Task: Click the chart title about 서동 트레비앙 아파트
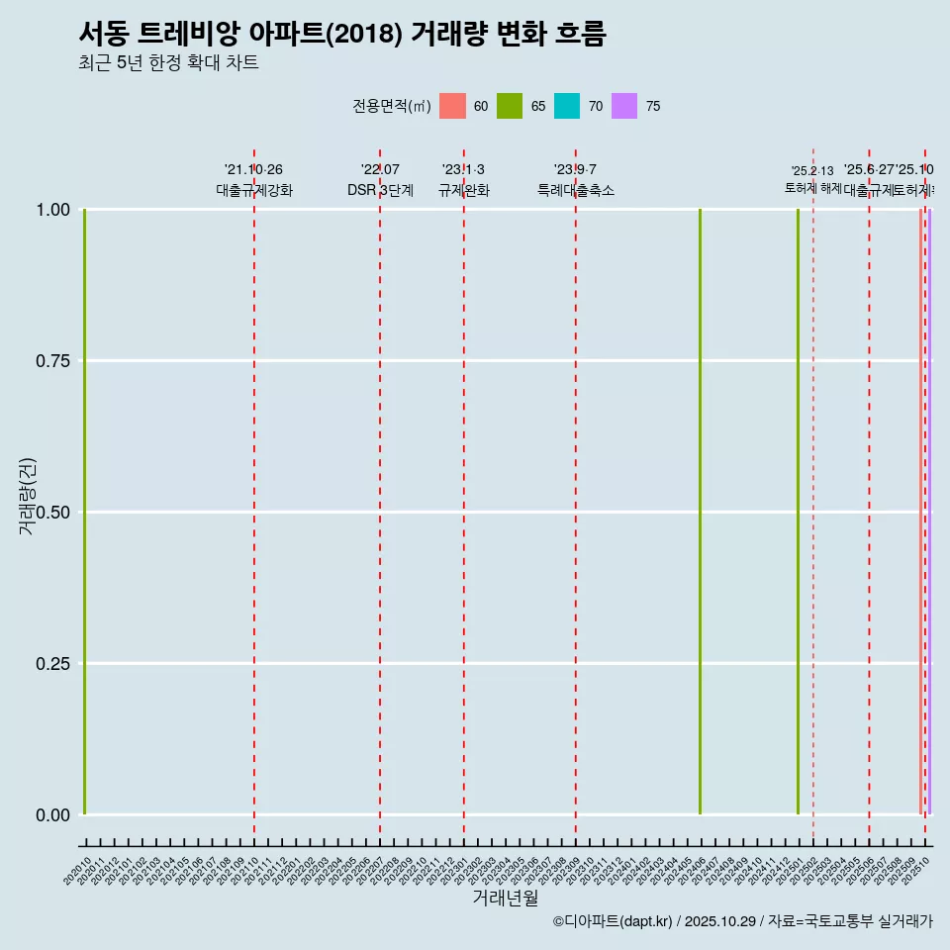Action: point(341,34)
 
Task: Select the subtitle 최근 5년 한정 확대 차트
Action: point(168,63)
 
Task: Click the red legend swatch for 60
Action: point(452,106)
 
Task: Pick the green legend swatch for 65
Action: point(510,106)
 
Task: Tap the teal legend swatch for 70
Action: point(567,106)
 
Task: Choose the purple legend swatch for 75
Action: point(624,106)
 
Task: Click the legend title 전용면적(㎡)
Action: point(391,106)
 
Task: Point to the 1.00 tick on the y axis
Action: point(53,210)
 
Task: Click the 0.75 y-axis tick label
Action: point(53,361)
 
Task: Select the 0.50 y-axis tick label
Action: point(53,513)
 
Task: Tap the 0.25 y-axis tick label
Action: point(53,664)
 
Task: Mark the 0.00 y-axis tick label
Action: point(53,815)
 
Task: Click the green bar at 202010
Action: point(85,512)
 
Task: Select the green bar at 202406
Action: point(700,512)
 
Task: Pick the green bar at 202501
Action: point(798,512)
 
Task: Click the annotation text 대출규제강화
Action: point(254,190)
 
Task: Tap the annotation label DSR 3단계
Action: point(380,190)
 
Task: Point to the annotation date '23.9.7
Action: point(575,170)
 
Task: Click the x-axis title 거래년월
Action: point(505,899)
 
